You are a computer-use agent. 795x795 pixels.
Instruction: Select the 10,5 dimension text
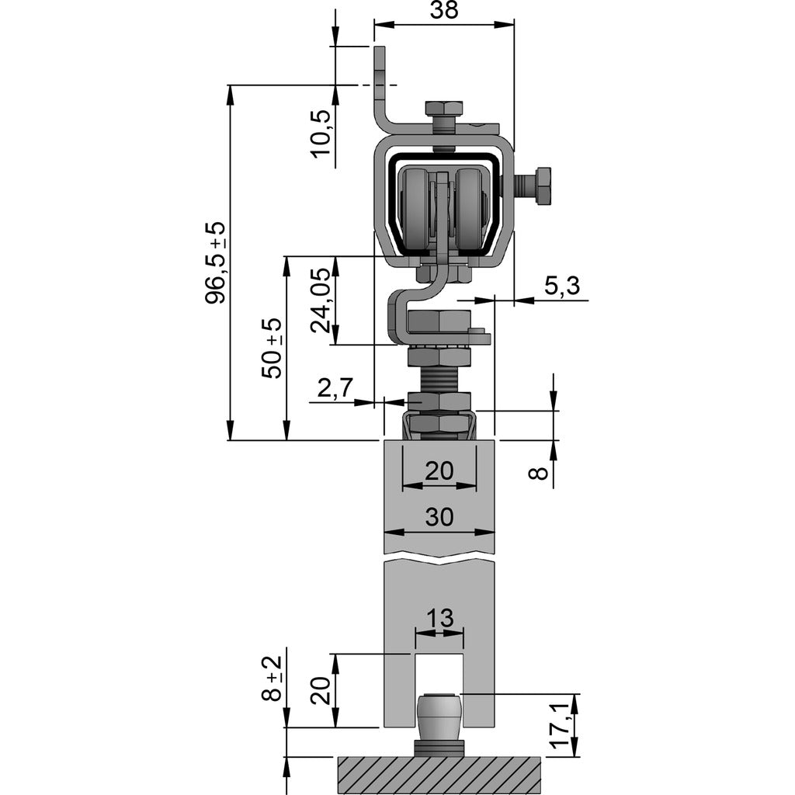click(322, 134)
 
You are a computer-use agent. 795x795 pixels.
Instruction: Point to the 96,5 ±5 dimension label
click(215, 262)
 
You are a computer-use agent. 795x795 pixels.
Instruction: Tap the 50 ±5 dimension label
click(272, 348)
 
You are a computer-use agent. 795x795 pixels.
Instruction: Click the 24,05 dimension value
click(322, 301)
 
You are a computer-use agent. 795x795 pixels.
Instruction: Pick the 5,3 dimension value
click(561, 286)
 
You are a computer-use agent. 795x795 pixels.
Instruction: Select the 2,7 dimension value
click(336, 388)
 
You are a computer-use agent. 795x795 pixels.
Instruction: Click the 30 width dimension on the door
click(439, 518)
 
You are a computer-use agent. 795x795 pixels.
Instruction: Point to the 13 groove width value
click(439, 619)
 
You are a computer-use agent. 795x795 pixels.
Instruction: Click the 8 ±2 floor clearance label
click(272, 679)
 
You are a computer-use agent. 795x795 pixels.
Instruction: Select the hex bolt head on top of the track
click(444, 109)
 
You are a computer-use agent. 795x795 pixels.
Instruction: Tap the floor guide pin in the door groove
click(439, 718)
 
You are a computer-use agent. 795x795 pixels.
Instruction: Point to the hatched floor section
click(439, 775)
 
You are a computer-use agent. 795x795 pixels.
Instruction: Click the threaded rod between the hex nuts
click(439, 380)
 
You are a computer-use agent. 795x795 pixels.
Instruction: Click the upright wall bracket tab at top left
click(380, 78)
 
